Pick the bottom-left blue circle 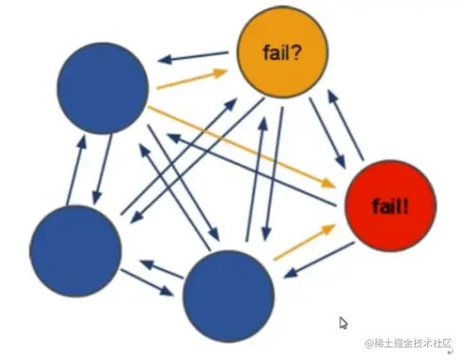click(76, 248)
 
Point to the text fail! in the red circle click(390, 205)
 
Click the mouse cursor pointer click(344, 323)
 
